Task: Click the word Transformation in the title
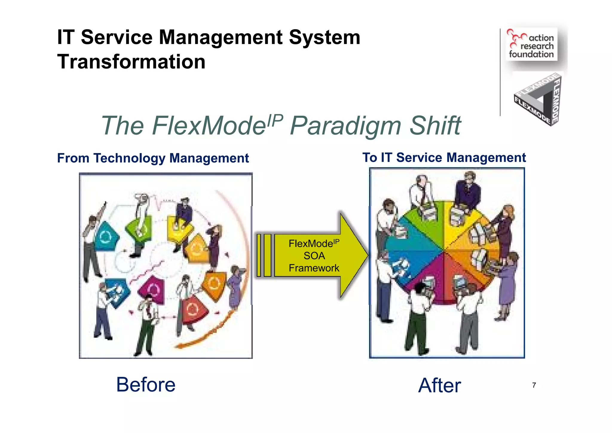131,62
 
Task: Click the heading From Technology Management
153,158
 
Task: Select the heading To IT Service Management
444,158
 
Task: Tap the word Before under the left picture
146,385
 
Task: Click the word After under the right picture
439,385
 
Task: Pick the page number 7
534,385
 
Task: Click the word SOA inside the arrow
314,256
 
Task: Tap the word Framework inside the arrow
314,268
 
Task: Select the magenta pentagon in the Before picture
153,289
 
